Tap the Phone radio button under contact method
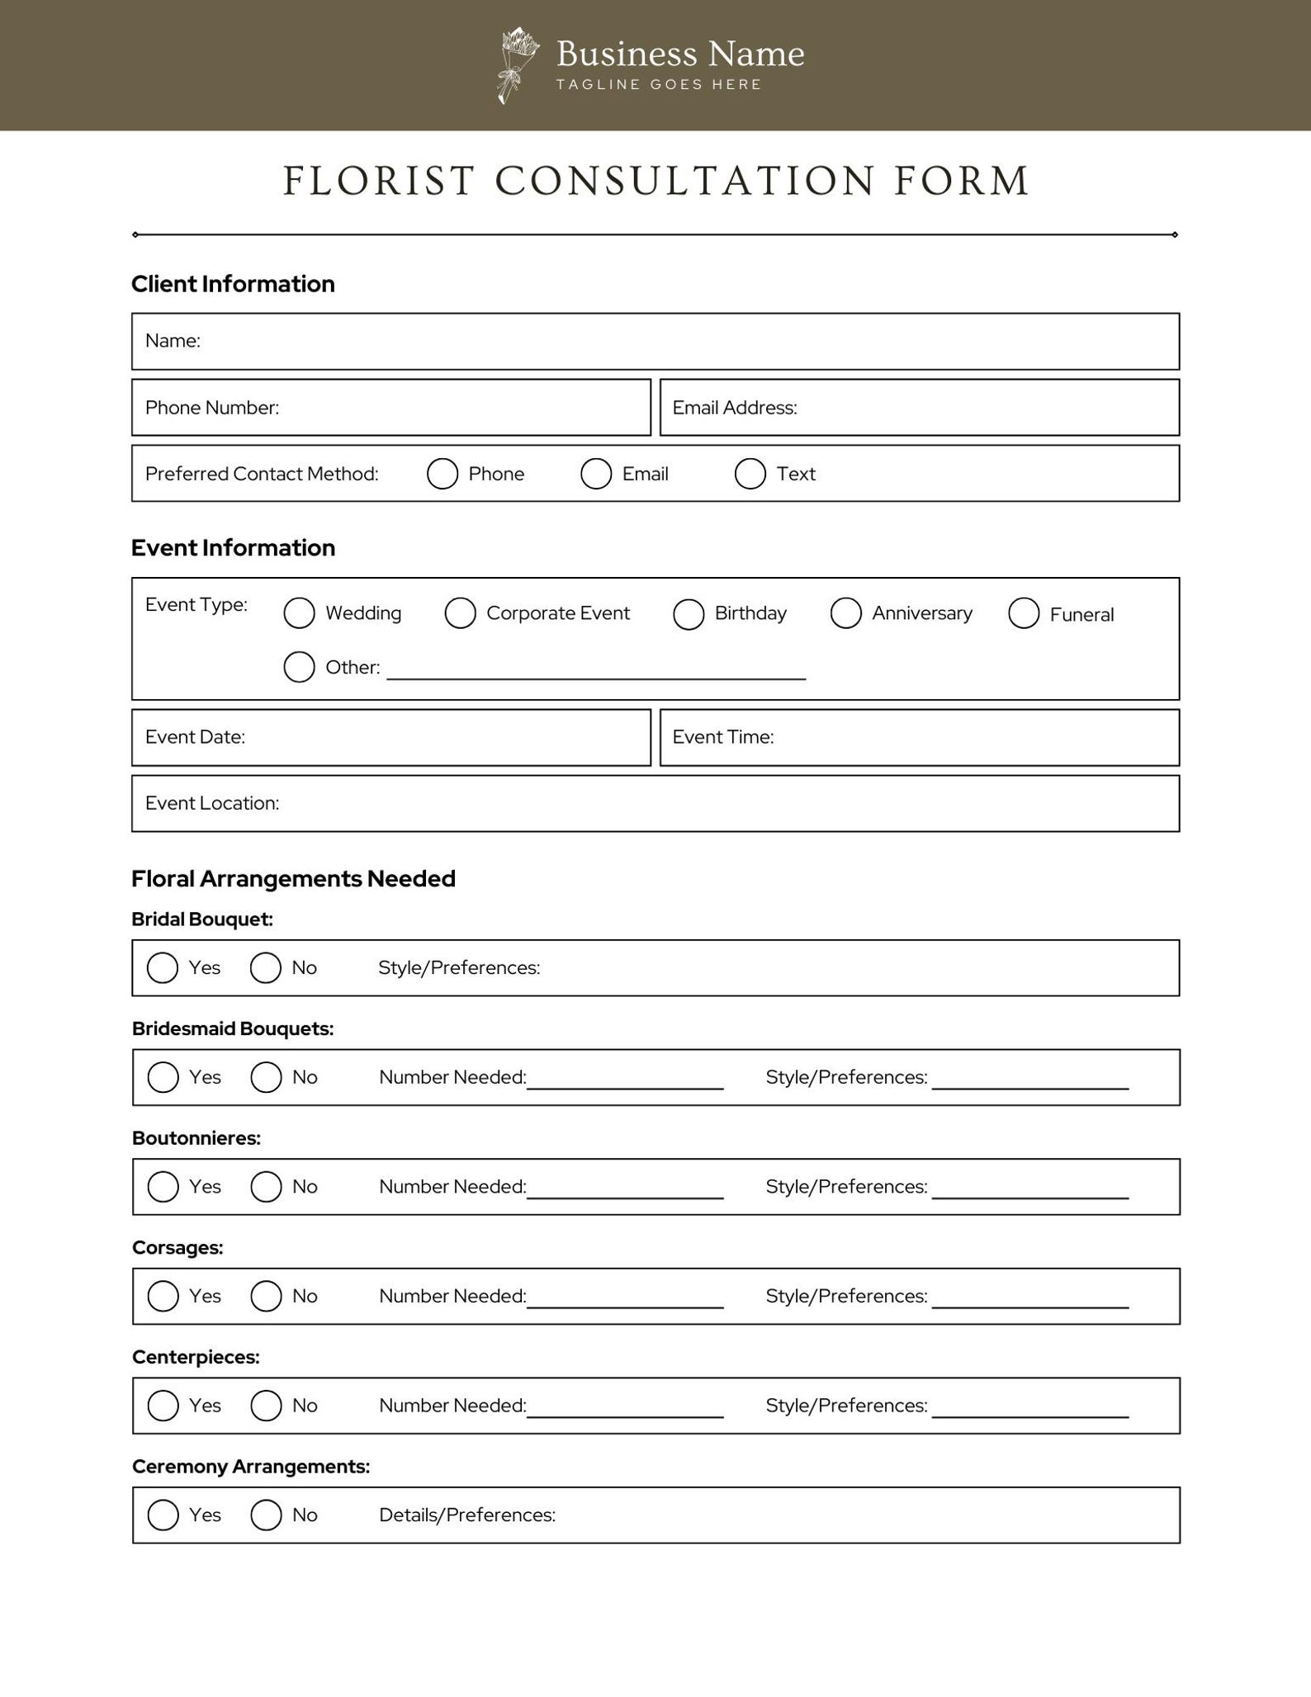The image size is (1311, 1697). pyautogui.click(x=443, y=474)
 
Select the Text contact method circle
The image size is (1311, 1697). pyautogui.click(x=750, y=474)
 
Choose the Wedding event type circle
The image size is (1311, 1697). pyautogui.click(x=299, y=613)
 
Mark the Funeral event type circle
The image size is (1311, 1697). pyautogui.click(x=1023, y=613)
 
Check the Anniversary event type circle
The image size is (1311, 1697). pyautogui.click(x=845, y=613)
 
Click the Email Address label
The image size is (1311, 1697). pyautogui.click(x=734, y=408)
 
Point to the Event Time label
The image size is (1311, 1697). pyautogui.click(x=722, y=737)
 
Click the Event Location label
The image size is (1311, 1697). pyautogui.click(x=211, y=803)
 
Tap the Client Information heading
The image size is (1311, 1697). pyautogui.click(x=233, y=284)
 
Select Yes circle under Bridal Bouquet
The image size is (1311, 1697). pyautogui.click(x=163, y=967)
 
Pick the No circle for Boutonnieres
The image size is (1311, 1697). pyautogui.click(x=266, y=1186)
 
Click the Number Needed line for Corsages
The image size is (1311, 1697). pyautogui.click(x=625, y=1301)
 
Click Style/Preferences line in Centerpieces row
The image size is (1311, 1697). pyautogui.click(x=1029, y=1410)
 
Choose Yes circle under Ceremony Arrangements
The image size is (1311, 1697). pyautogui.click(x=163, y=1515)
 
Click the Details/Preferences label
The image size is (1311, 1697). pyautogui.click(x=466, y=1515)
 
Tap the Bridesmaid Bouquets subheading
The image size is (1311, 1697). pyautogui.click(x=233, y=1028)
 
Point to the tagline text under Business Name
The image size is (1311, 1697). pyautogui.click(x=658, y=84)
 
